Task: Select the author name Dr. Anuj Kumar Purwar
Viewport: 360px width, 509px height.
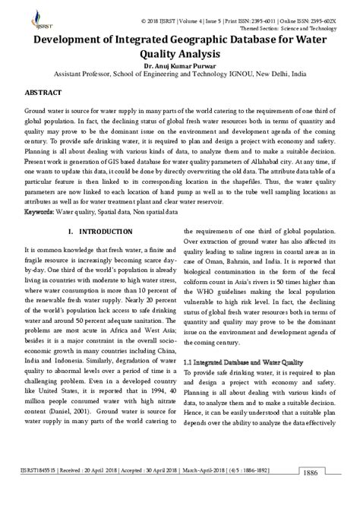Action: click(179, 67)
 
